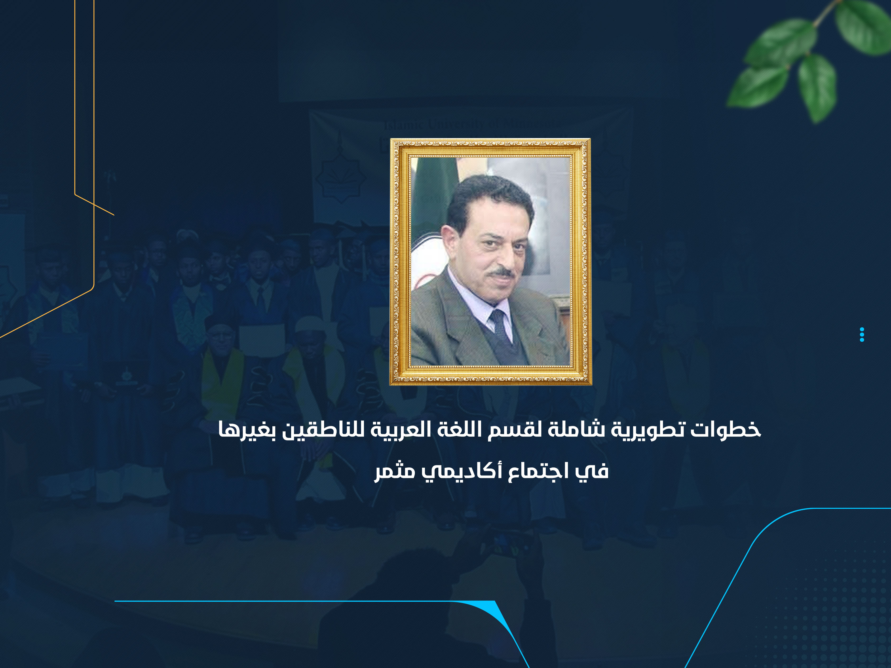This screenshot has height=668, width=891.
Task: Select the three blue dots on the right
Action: point(862,334)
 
